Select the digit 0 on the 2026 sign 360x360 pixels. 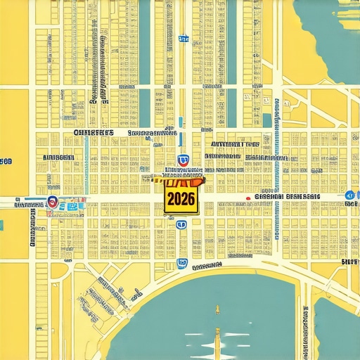pyautogui.click(x=179, y=199)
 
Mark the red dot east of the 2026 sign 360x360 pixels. pyautogui.click(x=248, y=199)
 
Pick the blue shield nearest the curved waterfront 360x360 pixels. pyautogui.click(x=183, y=264)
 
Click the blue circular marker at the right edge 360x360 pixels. pyautogui.click(x=349, y=195)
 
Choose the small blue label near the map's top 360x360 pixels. pyautogui.click(x=183, y=39)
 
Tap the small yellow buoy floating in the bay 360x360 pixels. pyautogui.click(x=217, y=309)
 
